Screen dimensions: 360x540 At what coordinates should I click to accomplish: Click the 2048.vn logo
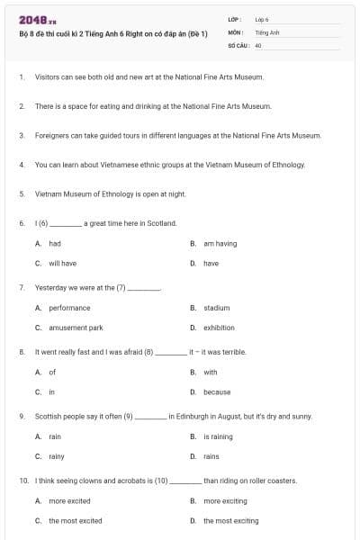(33, 20)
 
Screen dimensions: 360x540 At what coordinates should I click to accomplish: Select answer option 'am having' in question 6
(220, 244)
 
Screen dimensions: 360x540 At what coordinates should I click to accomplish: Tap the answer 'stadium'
(216, 308)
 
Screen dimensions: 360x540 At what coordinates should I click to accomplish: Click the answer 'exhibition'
(219, 328)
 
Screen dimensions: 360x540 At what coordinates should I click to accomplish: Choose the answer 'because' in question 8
(216, 392)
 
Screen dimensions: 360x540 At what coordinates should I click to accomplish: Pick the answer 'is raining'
(218, 436)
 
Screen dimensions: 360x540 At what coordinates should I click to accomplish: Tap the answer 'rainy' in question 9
(56, 456)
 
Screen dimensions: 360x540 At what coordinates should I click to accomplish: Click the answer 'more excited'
(69, 500)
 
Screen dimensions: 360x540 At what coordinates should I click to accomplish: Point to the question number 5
(21, 193)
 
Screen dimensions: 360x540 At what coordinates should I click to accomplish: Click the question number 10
(22, 481)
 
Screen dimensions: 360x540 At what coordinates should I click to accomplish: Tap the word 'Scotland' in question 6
(161, 223)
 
